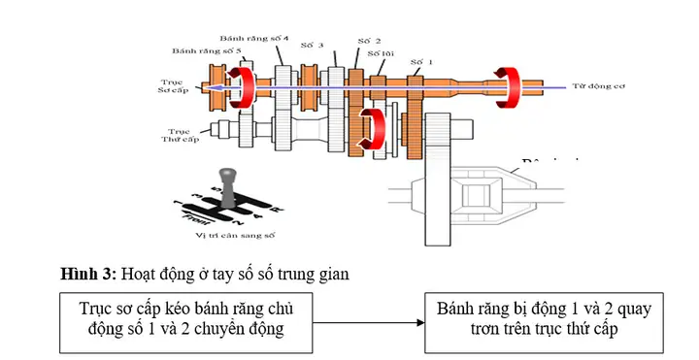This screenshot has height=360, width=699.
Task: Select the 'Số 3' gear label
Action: pyautogui.click(x=311, y=45)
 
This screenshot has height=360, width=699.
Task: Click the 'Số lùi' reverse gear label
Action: pyautogui.click(x=380, y=55)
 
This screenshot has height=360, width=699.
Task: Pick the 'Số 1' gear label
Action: pyautogui.click(x=419, y=61)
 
